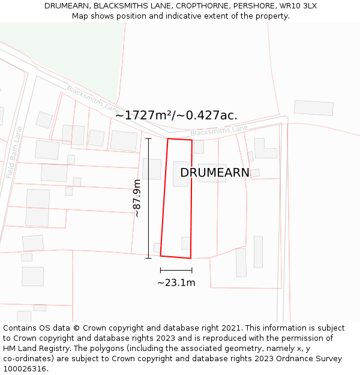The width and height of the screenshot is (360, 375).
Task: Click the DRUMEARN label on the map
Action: (x=215, y=173)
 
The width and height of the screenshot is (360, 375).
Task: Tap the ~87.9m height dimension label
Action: (x=137, y=198)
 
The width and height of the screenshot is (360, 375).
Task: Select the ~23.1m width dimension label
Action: (x=176, y=283)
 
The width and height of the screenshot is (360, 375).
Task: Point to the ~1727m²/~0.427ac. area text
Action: (x=176, y=115)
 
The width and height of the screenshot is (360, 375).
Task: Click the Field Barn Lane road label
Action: (x=14, y=152)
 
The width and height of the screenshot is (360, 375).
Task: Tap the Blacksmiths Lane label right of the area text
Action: (x=219, y=130)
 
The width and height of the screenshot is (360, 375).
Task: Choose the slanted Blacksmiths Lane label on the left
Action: (x=93, y=99)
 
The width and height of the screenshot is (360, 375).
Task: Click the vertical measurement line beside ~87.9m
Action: (x=149, y=198)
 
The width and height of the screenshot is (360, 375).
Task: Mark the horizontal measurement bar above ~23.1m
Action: (x=176, y=271)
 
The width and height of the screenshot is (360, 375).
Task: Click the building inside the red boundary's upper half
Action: (x=181, y=173)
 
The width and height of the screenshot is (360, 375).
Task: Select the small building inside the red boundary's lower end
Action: (x=186, y=243)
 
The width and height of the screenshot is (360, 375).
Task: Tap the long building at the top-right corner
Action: (x=314, y=108)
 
